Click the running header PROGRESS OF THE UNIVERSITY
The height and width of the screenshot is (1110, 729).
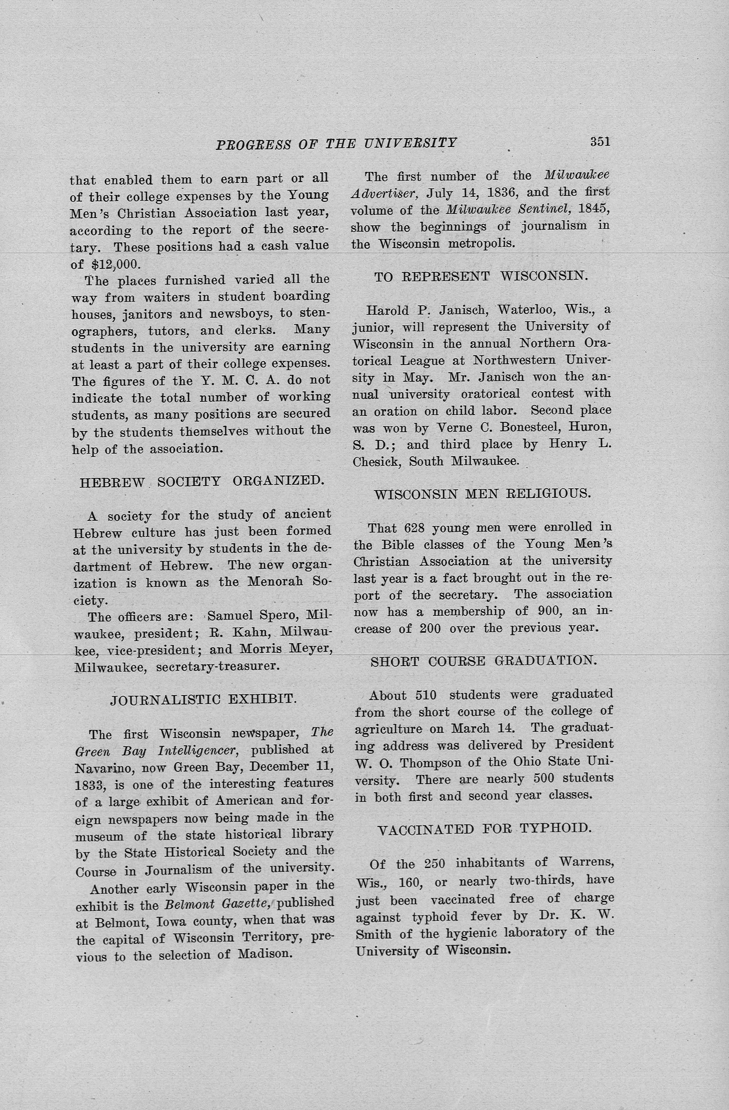(336, 143)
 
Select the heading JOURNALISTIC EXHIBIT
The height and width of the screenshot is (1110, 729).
(203, 699)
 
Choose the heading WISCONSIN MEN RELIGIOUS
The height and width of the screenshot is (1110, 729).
(482, 494)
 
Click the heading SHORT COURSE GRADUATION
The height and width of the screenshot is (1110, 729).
(483, 661)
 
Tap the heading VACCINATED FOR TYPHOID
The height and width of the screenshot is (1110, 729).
(484, 829)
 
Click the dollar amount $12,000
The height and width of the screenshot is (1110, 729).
(116, 264)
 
